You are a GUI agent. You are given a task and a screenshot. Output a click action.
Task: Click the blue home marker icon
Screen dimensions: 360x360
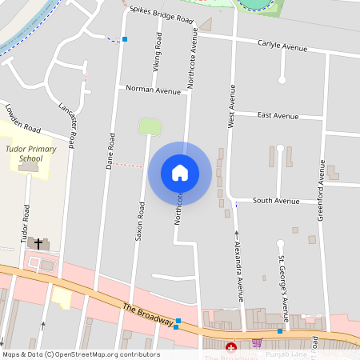coord(179,172)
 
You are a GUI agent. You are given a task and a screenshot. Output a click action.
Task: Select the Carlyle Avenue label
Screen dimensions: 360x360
coord(282,46)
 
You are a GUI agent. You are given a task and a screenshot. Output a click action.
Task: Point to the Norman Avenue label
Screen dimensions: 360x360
coord(154,90)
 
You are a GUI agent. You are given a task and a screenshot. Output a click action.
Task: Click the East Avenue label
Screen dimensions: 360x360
coord(278,115)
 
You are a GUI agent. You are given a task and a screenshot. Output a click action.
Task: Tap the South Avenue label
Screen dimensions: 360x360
coord(275,200)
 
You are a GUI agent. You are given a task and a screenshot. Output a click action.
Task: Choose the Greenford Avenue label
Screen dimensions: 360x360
coord(322,184)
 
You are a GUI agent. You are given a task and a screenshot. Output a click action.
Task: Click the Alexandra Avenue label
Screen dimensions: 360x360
coord(238,265)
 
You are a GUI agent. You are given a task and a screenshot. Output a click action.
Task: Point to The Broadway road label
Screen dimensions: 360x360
coord(148,314)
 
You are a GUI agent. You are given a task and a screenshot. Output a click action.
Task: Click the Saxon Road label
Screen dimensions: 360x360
coord(140,221)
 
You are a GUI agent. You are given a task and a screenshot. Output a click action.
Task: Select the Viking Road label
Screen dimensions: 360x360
coord(158,51)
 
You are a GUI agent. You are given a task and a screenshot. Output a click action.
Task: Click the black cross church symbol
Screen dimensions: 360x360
coord(38,242)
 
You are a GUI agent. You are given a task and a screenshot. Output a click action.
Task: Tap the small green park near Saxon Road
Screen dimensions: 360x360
coord(150,126)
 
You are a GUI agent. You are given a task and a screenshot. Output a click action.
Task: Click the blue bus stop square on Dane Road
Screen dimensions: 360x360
coord(125,38)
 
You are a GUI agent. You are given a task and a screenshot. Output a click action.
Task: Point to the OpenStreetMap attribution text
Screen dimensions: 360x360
coord(81,354)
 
